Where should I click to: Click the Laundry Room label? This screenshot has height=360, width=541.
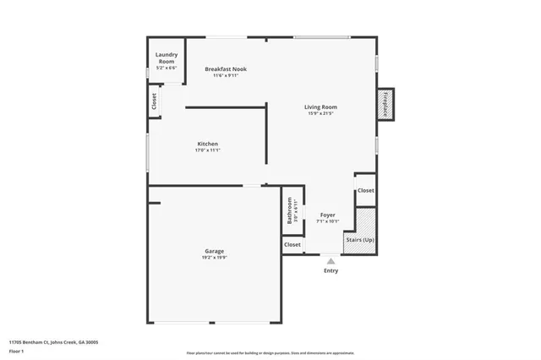coord(166,57)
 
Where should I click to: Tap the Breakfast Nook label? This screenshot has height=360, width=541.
coord(226,69)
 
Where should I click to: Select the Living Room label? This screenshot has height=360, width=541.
coord(321,106)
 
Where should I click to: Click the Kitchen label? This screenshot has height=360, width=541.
coord(207,144)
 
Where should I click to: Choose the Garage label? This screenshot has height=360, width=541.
coord(214,251)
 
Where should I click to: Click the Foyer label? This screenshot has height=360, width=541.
coord(327,215)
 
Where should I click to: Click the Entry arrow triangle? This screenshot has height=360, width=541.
coord(331,262)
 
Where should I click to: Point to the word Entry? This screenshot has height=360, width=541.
coord(331,270)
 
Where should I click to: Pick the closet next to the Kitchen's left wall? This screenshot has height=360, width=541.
coord(154,102)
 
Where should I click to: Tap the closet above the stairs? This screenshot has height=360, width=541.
coord(365,191)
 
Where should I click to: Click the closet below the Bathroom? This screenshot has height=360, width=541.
coord(292,244)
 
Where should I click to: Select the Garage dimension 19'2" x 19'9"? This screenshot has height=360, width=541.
coord(214,258)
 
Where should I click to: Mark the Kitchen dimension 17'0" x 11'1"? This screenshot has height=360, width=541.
coord(207,150)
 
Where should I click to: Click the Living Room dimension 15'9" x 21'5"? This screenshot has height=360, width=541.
coord(321,113)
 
